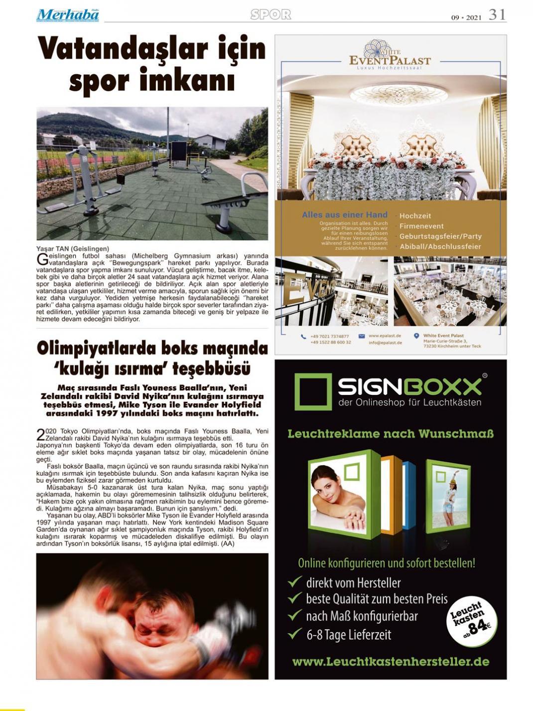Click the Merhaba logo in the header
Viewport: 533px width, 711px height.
pyautogui.click(x=67, y=15)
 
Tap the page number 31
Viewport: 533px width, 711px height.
pyautogui.click(x=497, y=15)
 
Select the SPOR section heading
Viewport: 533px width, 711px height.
pyautogui.click(x=270, y=15)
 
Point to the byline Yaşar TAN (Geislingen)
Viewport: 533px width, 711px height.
pyautogui.click(x=73, y=248)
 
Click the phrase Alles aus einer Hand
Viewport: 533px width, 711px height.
pyautogui.click(x=344, y=215)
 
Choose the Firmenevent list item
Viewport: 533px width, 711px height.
pyautogui.click(x=421, y=226)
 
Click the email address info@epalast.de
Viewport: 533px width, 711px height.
pyautogui.click(x=385, y=343)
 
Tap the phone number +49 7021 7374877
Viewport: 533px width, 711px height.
pyautogui.click(x=329, y=336)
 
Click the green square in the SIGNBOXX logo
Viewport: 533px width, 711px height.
pyautogui.click(x=312, y=392)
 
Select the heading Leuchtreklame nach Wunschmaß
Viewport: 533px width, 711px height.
pyautogui.click(x=391, y=434)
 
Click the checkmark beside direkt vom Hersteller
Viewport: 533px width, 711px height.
pyautogui.click(x=295, y=582)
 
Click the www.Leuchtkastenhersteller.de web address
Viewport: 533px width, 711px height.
pyautogui.click(x=391, y=662)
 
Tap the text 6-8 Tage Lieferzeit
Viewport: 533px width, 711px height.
pyautogui.click(x=348, y=635)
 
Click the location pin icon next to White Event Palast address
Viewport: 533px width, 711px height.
pyautogui.click(x=416, y=336)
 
